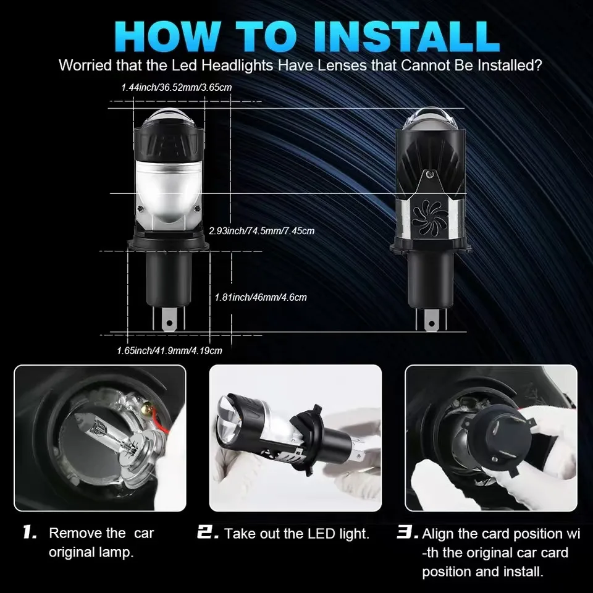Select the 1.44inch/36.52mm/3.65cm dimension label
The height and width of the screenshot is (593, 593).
pyautogui.click(x=177, y=88)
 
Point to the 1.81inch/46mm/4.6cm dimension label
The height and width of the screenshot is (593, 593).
pyautogui.click(x=260, y=297)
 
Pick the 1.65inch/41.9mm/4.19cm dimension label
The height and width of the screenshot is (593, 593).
pyautogui.click(x=169, y=350)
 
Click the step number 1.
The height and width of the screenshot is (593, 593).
pyautogui.click(x=30, y=532)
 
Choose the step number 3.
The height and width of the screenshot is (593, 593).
pyautogui.click(x=408, y=532)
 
